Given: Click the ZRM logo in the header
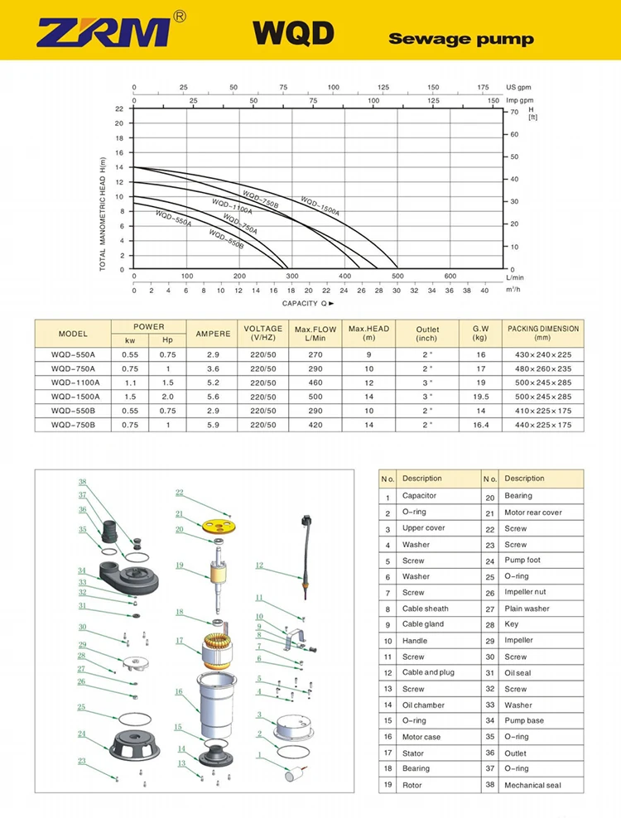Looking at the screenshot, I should click(104, 31).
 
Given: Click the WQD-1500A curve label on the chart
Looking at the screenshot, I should click(320, 205).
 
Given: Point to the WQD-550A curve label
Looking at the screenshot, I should click(173, 219).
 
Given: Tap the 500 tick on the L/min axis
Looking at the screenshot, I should click(397, 277).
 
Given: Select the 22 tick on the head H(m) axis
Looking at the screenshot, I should click(120, 108).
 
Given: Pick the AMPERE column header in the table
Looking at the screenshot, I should click(212, 334).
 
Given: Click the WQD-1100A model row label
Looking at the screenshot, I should click(73, 383).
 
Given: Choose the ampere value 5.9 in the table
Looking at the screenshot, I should click(212, 425).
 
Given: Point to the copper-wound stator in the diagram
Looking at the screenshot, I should click(216, 647).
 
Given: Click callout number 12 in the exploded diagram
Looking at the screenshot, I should click(259, 565).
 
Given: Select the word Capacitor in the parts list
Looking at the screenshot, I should click(419, 496).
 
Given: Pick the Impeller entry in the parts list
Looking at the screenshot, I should click(518, 640).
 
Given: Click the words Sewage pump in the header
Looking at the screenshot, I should click(460, 39).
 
